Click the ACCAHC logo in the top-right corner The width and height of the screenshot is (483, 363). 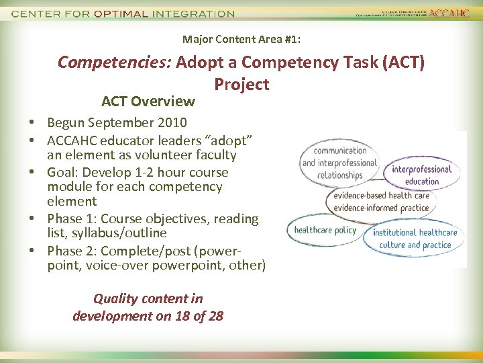[x=449, y=13]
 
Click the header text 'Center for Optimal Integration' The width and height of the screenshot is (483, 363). [x=123, y=13]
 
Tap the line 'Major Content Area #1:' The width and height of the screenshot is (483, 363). [x=241, y=40]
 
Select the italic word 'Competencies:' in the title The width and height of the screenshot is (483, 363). [x=115, y=63]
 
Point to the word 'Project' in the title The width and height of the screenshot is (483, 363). [x=241, y=85]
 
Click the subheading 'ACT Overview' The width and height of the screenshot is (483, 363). [x=148, y=102]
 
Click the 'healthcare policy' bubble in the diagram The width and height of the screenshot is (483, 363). [x=325, y=231]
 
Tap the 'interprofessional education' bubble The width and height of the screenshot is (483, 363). [x=422, y=175]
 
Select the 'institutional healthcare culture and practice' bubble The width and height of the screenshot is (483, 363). [x=415, y=239]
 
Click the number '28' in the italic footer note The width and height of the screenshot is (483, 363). [x=215, y=316]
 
